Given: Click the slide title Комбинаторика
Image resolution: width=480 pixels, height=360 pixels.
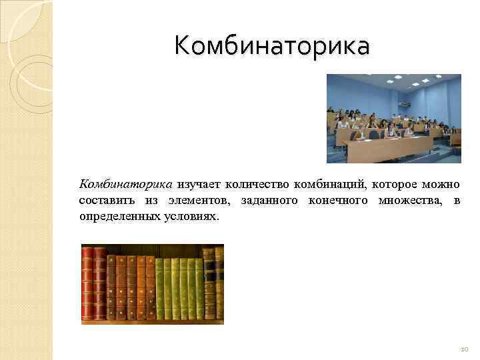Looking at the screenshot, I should [271, 46].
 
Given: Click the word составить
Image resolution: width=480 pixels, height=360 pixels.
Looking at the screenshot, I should [107, 201].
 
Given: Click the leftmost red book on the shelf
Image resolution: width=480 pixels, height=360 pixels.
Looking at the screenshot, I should [87, 283].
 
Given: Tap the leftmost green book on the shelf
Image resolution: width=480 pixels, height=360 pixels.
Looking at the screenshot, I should [160, 287].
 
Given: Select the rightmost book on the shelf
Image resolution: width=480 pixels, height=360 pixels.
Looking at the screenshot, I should [219, 283].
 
